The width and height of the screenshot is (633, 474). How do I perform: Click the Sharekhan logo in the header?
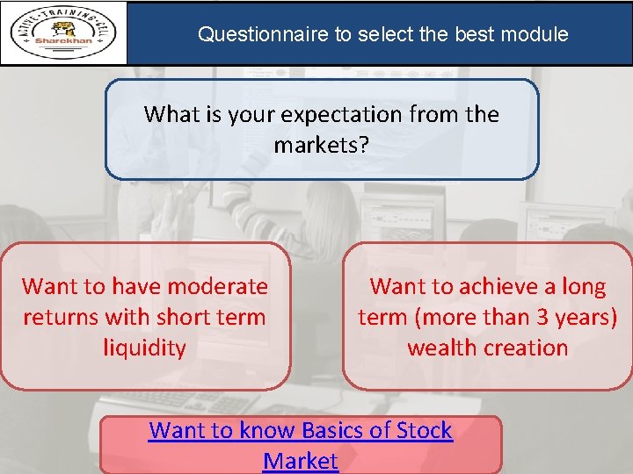click(x=63, y=33)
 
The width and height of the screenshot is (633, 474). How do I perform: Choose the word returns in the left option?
click(x=59, y=317)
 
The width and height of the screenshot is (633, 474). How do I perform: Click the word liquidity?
click(x=145, y=348)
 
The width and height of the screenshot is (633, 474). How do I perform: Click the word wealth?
click(x=439, y=348)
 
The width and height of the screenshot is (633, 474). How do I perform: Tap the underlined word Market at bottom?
click(x=300, y=461)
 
